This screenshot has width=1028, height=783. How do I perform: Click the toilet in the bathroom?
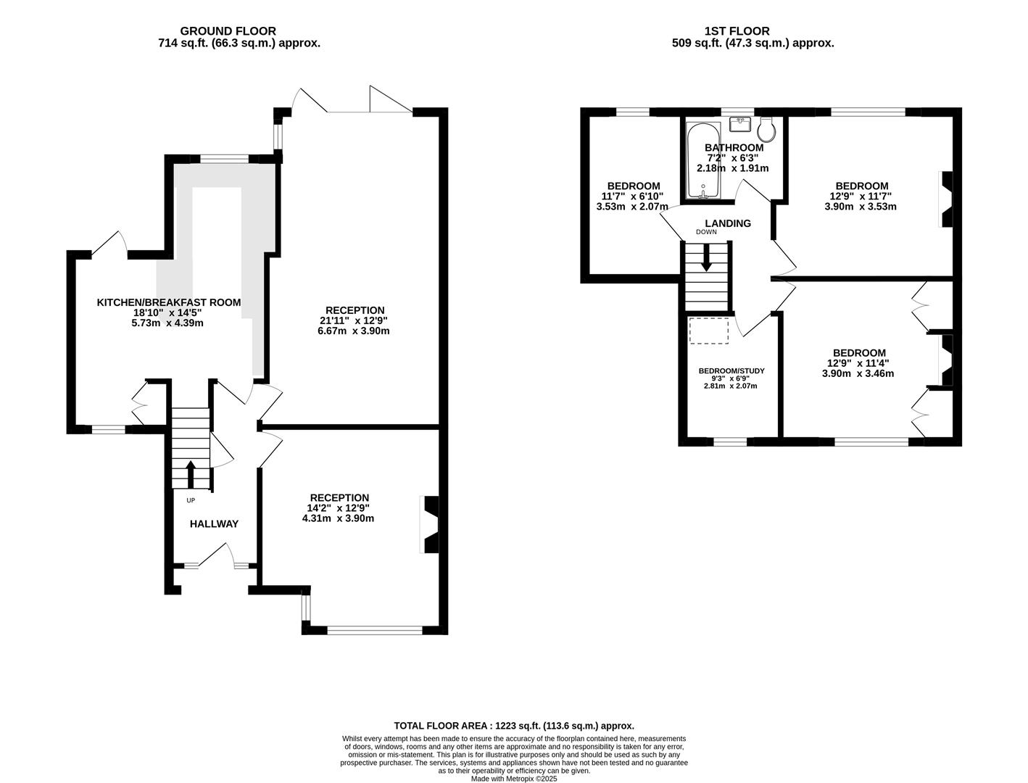tap(766, 129)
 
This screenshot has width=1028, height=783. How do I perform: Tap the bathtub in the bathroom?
tap(702, 161)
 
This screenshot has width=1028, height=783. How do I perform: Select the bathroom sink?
tap(740, 124)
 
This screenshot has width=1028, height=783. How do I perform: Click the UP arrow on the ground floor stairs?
tap(191, 474)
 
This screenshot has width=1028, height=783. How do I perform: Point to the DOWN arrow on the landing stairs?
tap(706, 258)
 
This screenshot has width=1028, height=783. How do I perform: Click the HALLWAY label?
tap(214, 524)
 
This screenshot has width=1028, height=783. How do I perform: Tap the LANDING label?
tap(728, 223)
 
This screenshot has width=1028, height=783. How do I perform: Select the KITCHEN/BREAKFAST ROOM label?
tap(169, 302)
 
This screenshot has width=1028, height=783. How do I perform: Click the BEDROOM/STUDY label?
tap(731, 371)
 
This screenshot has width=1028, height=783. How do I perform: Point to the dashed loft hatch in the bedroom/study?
tap(708, 331)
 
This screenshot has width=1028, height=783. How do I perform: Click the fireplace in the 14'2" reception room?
tap(430, 524)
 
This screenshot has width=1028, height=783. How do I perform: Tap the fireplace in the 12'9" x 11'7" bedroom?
tap(945, 199)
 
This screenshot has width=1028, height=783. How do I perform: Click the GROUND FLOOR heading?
tap(228, 31)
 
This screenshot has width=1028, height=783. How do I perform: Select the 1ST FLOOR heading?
tap(737, 31)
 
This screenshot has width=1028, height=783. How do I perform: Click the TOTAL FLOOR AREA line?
tap(514, 726)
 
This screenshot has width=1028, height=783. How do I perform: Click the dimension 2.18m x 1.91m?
tap(732, 168)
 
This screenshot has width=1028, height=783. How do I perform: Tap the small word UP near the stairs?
tap(191, 500)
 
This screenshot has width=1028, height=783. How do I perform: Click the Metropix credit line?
tap(514, 779)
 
